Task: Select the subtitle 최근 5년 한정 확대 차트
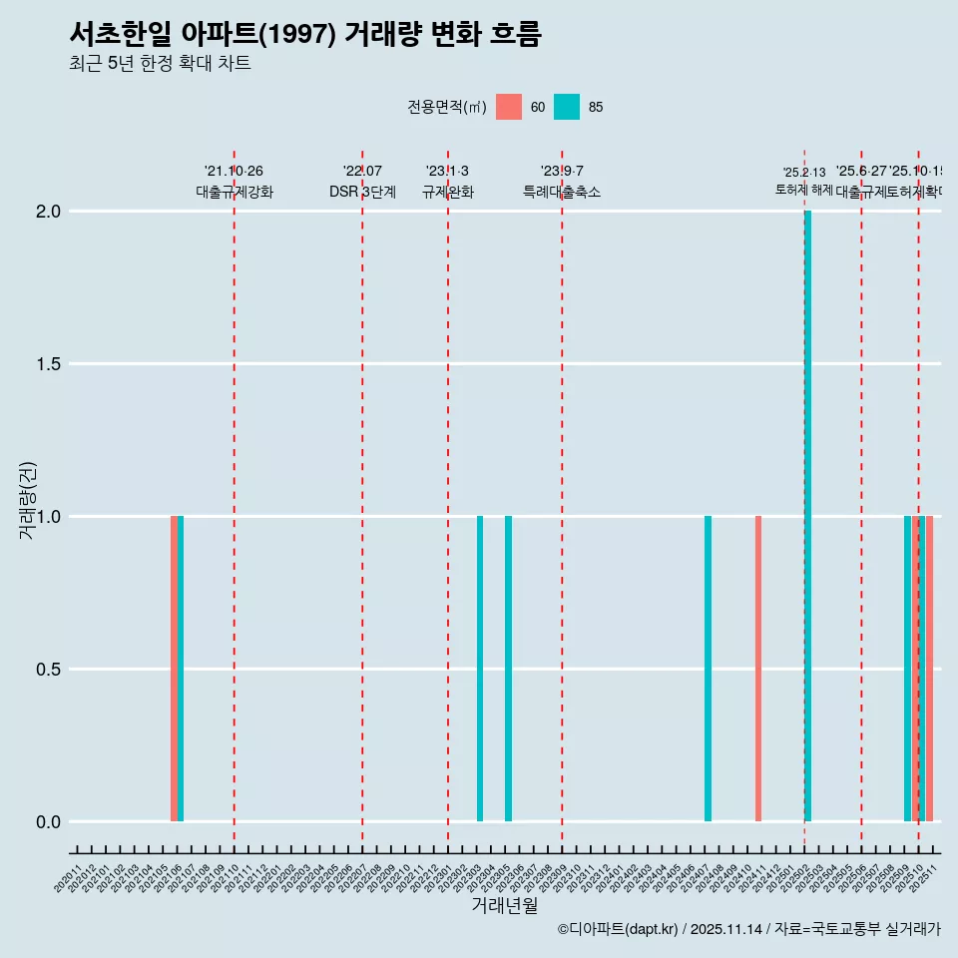pos(160,64)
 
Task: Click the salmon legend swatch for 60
pos(509,107)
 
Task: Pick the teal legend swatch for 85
pos(567,107)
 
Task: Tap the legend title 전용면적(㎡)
pos(447,107)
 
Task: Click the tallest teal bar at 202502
pos(807,516)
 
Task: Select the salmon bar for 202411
pos(758,669)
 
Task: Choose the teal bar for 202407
pos(708,669)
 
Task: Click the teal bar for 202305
pos(508,669)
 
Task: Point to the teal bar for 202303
pos(480,669)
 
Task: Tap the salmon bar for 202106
pos(174,669)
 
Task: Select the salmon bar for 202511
pos(929,669)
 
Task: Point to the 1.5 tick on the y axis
pos(48,364)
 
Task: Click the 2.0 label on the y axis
pos(48,212)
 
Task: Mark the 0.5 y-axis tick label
pos(48,670)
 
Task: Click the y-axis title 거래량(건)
pos(28,501)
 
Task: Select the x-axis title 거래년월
pos(504,906)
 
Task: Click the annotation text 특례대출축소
pos(562,192)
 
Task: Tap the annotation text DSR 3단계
pos(362,192)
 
